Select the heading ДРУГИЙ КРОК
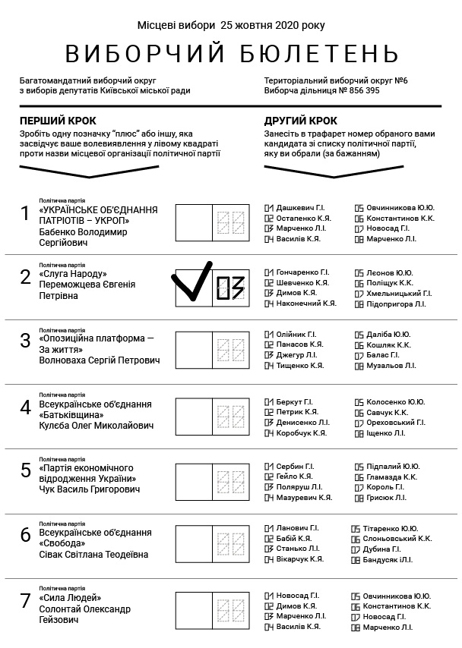click(301, 121)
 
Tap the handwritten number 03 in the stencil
click(229, 288)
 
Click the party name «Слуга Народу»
click(73, 274)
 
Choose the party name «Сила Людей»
click(70, 598)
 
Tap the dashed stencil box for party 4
click(229, 417)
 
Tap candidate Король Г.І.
click(386, 487)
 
